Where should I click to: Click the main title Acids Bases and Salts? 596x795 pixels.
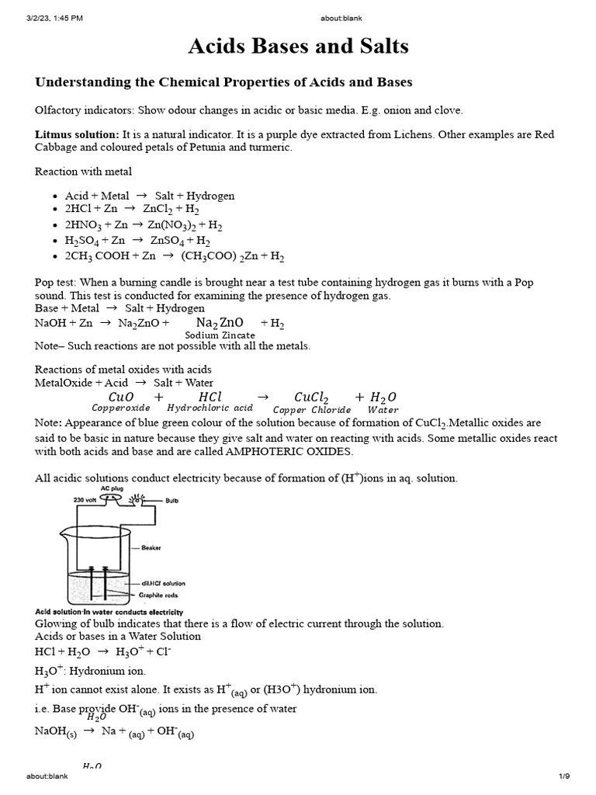(298, 47)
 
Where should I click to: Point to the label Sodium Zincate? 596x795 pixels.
(220, 335)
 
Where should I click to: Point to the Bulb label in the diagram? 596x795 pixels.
(172, 502)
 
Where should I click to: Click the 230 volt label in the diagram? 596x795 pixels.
(85, 501)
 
